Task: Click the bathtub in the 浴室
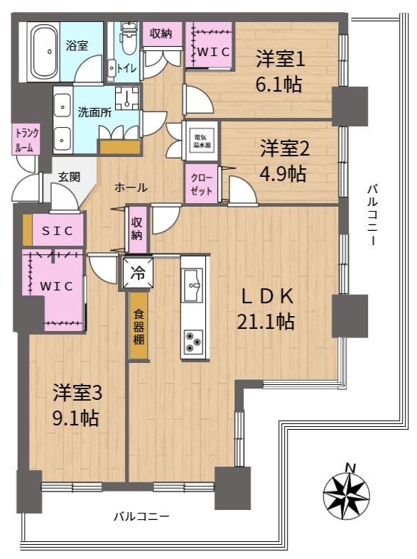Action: [x=44, y=52]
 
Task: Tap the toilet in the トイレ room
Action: [x=127, y=39]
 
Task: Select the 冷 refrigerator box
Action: [x=137, y=273]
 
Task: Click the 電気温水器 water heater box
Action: [x=202, y=141]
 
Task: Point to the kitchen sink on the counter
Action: [x=193, y=282]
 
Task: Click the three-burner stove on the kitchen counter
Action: [x=193, y=341]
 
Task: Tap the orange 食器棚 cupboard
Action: [x=139, y=326]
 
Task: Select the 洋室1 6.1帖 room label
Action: [x=280, y=72]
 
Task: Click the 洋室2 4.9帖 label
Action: [x=284, y=161]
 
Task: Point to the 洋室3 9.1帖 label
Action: [x=77, y=406]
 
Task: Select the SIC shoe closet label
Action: [x=58, y=231]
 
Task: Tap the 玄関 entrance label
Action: [x=69, y=177]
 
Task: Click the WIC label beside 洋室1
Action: [x=213, y=52]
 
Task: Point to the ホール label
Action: [x=131, y=188]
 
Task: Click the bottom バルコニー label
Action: [x=141, y=516]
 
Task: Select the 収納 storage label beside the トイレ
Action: [x=161, y=34]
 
